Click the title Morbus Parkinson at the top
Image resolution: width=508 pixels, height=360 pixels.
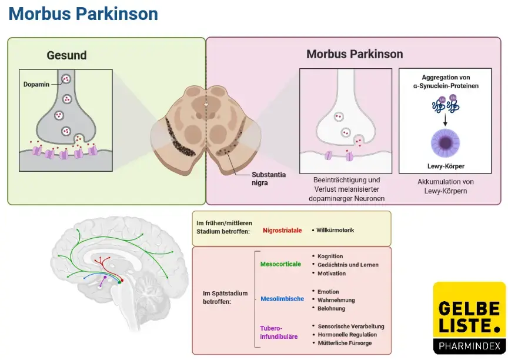83,14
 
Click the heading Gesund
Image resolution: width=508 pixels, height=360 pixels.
66,55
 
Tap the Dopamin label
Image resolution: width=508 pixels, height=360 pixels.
36,85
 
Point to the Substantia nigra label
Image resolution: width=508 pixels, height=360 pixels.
268,179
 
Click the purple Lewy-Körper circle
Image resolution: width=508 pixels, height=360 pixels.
445,144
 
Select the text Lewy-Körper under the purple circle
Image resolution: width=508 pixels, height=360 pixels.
445,166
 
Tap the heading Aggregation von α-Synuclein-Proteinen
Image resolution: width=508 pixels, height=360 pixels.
445,81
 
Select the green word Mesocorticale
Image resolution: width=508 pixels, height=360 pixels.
280,264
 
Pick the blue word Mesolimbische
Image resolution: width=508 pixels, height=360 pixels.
282,299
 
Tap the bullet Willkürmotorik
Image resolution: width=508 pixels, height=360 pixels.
335,230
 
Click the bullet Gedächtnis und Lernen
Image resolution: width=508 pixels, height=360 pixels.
347,265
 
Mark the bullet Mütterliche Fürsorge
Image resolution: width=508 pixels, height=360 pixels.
344,343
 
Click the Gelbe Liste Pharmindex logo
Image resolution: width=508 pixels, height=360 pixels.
469,318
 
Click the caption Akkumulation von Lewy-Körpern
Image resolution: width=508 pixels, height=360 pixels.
445,186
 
